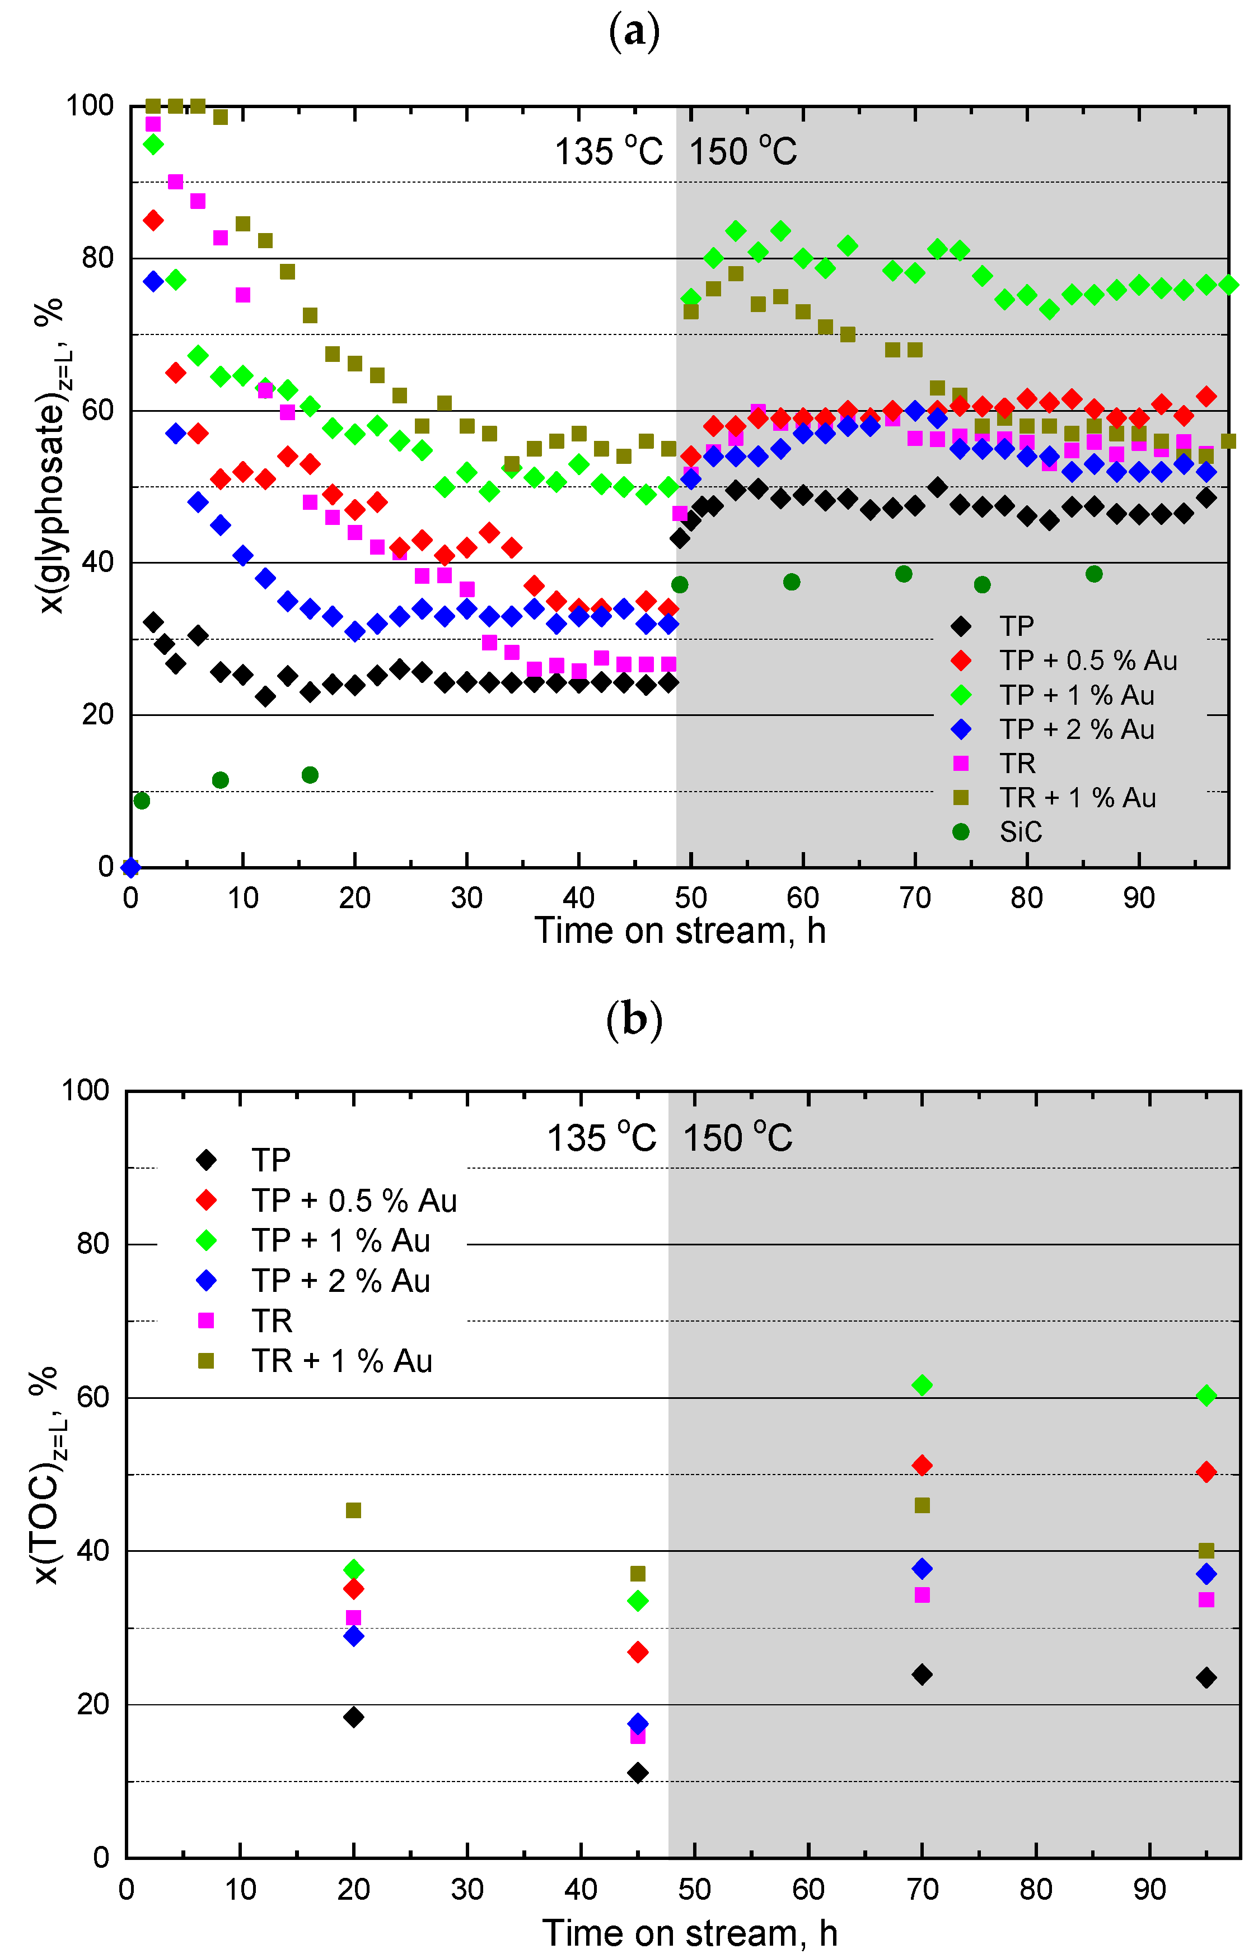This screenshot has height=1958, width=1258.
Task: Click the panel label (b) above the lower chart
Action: tap(634, 1019)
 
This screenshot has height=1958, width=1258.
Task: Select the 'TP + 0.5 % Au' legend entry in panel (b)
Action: tap(354, 1201)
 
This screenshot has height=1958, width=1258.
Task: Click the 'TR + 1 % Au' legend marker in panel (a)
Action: tap(961, 798)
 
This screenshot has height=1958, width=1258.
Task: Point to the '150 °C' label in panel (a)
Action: tap(742, 151)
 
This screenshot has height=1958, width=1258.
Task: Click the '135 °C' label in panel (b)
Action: tap(601, 1137)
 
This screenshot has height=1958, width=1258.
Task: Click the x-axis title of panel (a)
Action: tap(680, 931)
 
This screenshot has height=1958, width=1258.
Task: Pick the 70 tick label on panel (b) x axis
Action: tap(922, 1889)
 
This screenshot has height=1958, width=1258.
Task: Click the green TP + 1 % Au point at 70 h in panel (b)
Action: tap(922, 1385)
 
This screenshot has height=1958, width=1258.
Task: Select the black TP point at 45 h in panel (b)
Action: tap(638, 1773)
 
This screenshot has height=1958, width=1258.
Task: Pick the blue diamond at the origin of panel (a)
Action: tap(130, 867)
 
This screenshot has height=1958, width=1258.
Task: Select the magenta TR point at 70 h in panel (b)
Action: tap(922, 1595)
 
